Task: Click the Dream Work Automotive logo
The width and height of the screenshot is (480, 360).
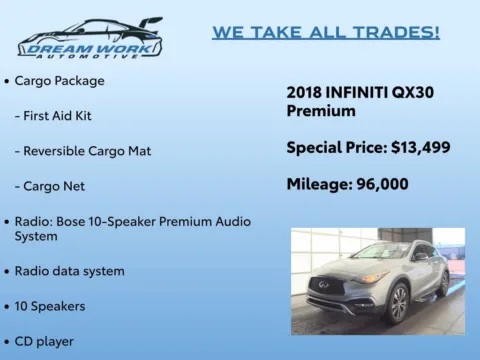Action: (x=90, y=37)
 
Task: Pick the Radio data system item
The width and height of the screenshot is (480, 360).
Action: (x=70, y=271)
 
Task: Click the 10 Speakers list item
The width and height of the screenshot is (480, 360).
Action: (x=50, y=306)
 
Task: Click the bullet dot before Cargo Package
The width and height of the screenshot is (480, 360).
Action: (x=7, y=80)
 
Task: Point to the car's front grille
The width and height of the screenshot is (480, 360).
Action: (x=326, y=286)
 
